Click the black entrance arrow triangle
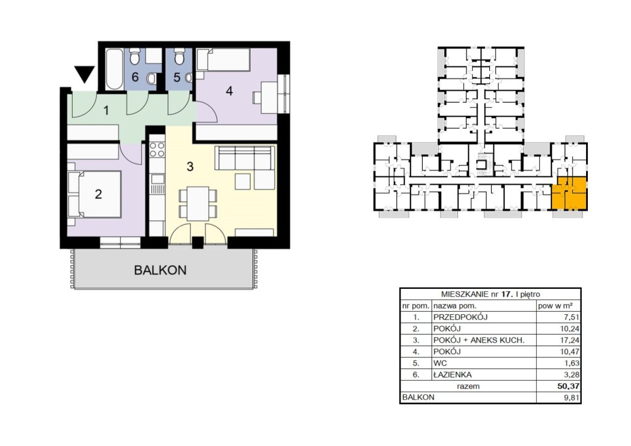(84, 73)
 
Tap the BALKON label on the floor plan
(160, 270)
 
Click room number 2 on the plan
(99, 194)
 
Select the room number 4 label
(229, 91)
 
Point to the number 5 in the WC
(177, 77)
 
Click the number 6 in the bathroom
(135, 76)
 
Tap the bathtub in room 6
(114, 69)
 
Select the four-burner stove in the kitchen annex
(157, 150)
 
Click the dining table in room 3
(198, 203)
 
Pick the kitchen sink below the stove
(157, 179)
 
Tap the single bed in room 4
(223, 60)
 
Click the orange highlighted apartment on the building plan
(569, 193)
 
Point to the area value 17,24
(570, 340)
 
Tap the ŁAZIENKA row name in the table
(452, 375)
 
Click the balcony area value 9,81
(572, 398)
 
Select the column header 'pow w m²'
(555, 306)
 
